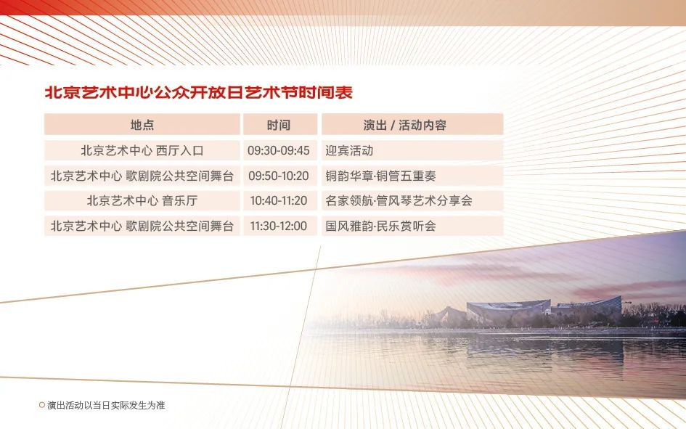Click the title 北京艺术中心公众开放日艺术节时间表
pyautogui.click(x=199, y=93)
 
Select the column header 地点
pyautogui.click(x=142, y=125)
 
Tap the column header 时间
pyautogui.click(x=279, y=125)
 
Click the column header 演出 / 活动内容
pyautogui.click(x=404, y=125)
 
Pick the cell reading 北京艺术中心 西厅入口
pyautogui.click(x=142, y=150)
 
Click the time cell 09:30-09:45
pyautogui.click(x=279, y=150)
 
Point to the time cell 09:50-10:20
pyautogui.click(x=279, y=176)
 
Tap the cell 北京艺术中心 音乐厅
pyautogui.click(x=142, y=201)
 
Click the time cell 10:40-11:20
pyautogui.click(x=279, y=201)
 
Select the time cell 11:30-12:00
pyautogui.click(x=279, y=226)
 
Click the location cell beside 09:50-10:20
pyautogui.click(x=142, y=176)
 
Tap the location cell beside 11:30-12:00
pyautogui.click(x=142, y=226)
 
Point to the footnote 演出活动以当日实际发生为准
pyautogui.click(x=106, y=405)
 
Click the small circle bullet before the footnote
pyautogui.click(x=42, y=405)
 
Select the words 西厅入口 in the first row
pyautogui.click(x=180, y=150)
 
